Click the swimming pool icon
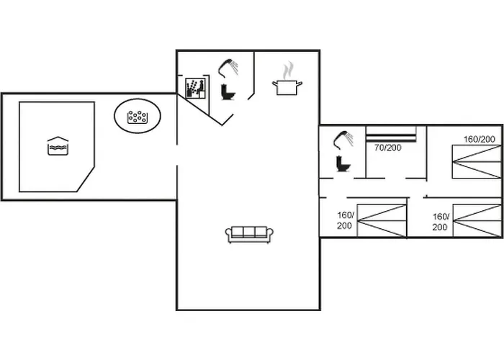(58, 146)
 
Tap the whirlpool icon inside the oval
(138, 117)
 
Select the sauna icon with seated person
(195, 89)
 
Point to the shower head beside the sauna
(228, 68)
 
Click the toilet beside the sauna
(228, 91)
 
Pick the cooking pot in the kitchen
(287, 87)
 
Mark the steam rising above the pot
(288, 70)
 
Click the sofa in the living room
(249, 235)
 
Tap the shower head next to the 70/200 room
(343, 140)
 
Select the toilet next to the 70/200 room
(343, 163)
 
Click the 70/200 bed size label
(387, 148)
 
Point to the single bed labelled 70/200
(392, 134)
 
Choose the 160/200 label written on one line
(480, 139)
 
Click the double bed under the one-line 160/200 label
(477, 162)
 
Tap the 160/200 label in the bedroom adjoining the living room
(345, 220)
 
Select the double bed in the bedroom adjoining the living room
(382, 221)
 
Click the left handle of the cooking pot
(275, 84)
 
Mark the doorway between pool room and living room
(177, 156)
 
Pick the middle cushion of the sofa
(249, 231)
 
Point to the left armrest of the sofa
(228, 234)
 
